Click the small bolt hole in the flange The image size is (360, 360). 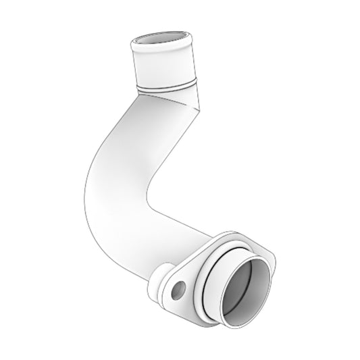click(x=179, y=291)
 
